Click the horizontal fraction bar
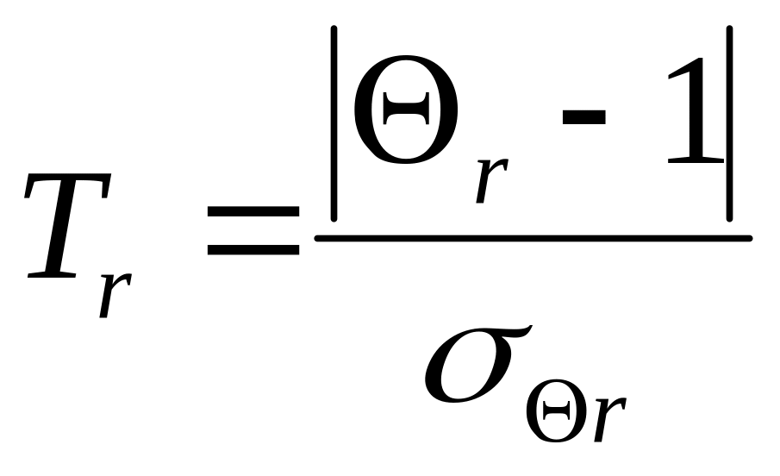point(534,238)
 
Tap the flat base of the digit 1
point(694,161)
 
